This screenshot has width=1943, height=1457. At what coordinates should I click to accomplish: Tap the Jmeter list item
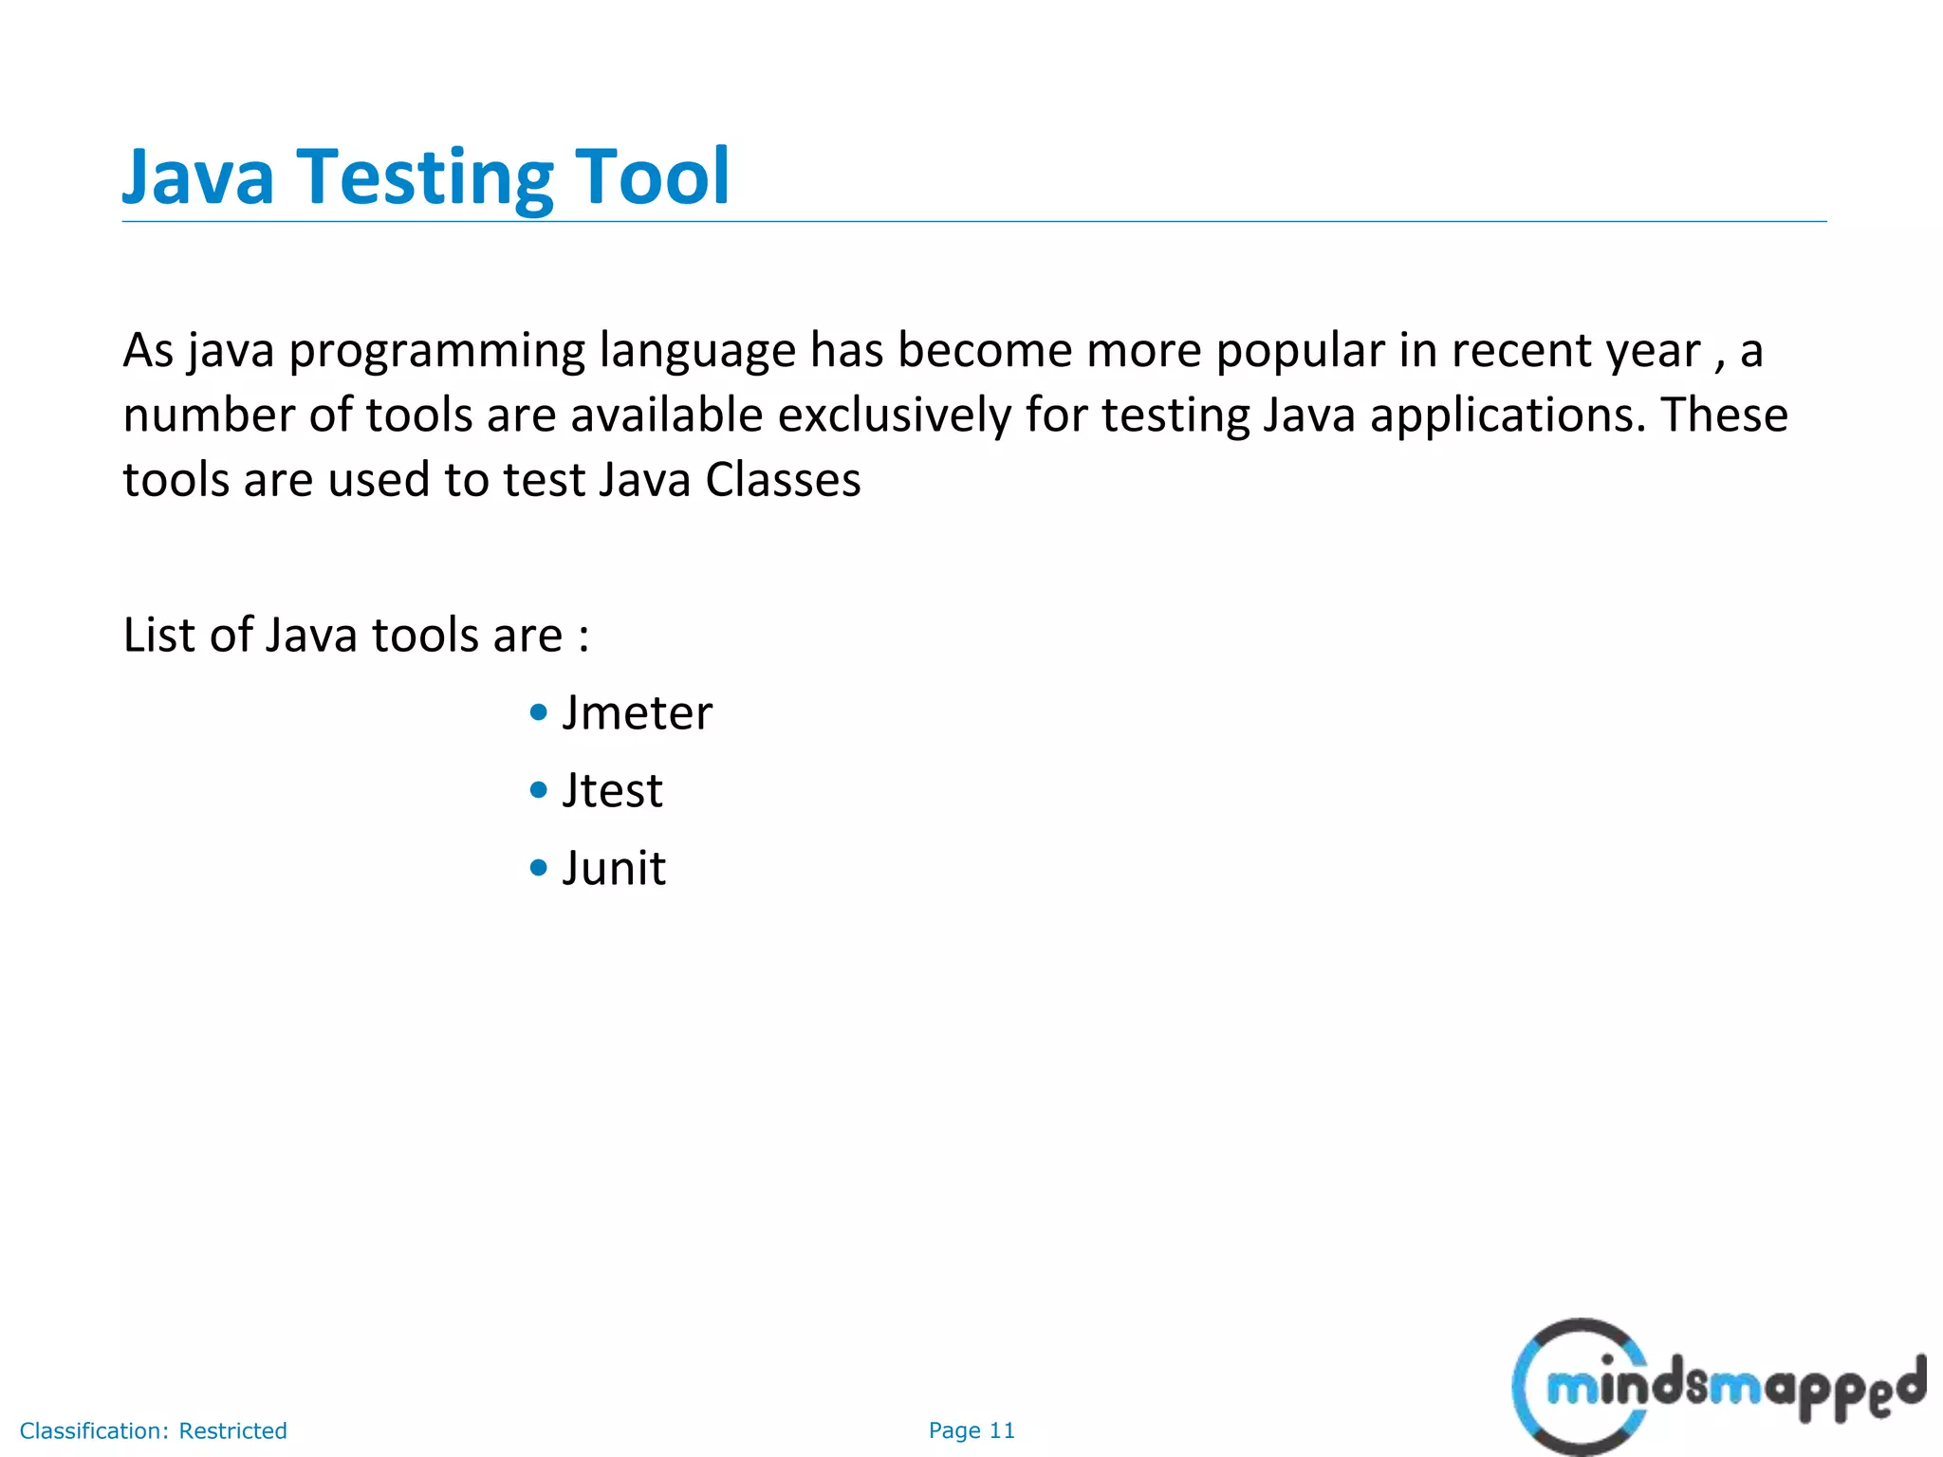(637, 713)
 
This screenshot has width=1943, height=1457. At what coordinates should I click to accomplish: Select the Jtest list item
(612, 791)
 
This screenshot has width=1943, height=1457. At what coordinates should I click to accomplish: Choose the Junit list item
(614, 869)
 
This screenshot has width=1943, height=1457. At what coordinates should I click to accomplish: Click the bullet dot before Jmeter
(539, 712)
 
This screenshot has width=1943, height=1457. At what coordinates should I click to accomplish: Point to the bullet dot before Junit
(539, 868)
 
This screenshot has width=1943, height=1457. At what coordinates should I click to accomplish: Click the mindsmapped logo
(1717, 1387)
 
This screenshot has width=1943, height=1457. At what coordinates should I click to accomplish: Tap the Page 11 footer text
(971, 1430)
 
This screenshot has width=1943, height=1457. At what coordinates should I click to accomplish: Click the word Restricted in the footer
(232, 1430)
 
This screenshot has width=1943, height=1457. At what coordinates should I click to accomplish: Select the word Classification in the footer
(93, 1430)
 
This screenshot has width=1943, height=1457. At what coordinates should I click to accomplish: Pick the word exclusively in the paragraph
(895, 415)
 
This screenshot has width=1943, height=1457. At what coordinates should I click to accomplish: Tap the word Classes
(783, 480)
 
